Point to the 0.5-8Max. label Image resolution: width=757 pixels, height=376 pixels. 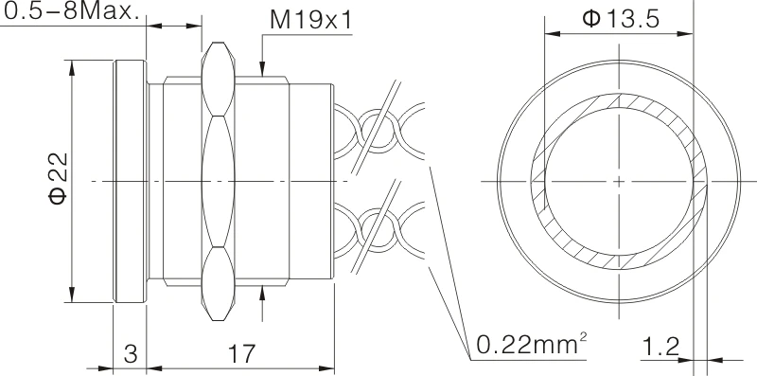[70, 13]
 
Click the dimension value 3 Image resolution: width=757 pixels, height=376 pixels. [131, 354]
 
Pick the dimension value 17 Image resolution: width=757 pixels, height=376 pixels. [242, 354]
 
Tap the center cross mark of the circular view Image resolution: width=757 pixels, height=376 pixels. [617, 179]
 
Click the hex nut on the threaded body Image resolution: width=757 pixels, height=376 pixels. [217, 179]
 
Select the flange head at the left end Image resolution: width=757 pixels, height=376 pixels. [130, 179]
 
